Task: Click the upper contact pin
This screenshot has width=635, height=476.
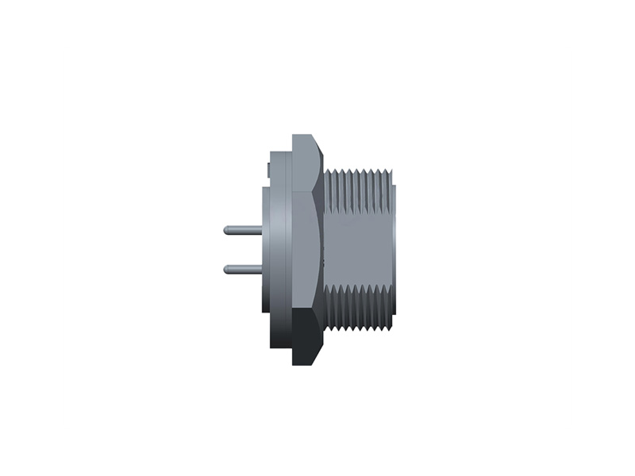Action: pyautogui.click(x=242, y=230)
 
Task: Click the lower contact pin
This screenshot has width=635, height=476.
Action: pyautogui.click(x=242, y=268)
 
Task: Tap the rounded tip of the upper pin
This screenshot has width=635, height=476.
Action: pyautogui.click(x=227, y=230)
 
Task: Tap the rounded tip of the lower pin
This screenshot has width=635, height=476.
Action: pyautogui.click(x=227, y=268)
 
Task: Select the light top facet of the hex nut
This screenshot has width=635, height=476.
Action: pyautogui.click(x=306, y=163)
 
